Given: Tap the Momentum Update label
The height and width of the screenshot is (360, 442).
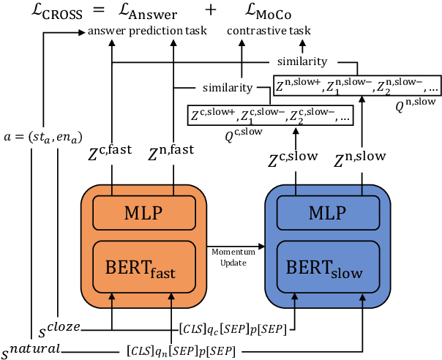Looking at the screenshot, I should click(x=233, y=255).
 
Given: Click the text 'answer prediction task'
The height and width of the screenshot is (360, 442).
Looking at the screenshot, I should click(x=146, y=31).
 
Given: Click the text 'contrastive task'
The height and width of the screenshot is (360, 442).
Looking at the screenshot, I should click(x=269, y=31).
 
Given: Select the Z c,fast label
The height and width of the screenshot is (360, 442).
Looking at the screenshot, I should click(x=112, y=151).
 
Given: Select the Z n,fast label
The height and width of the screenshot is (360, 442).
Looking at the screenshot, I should click(x=173, y=151).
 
